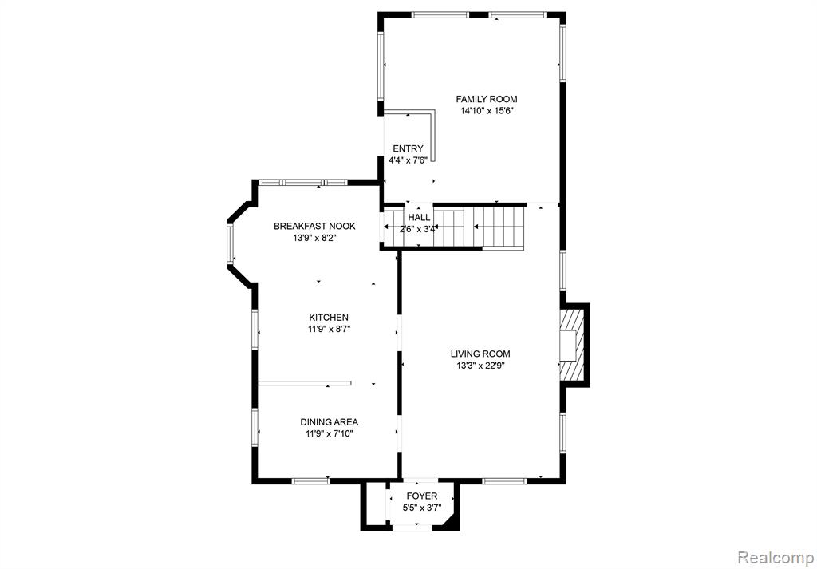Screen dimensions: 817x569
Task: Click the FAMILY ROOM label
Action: (487, 99)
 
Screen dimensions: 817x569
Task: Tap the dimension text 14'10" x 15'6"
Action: (487, 110)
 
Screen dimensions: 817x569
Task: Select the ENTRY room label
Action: (408, 149)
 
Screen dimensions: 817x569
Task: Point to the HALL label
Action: (419, 218)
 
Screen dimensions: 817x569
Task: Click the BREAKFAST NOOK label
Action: (314, 226)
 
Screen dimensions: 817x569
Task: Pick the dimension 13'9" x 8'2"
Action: (314, 238)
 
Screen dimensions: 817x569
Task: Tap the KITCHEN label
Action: (328, 318)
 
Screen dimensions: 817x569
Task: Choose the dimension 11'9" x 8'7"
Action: (328, 329)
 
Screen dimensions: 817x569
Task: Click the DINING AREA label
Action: (329, 422)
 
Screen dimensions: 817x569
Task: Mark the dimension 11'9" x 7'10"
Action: (329, 433)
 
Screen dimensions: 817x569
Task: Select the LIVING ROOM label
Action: (480, 354)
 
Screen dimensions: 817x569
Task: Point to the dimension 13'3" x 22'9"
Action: (480, 366)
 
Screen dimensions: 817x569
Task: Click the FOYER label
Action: (421, 496)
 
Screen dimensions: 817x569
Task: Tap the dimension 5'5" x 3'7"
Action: (421, 508)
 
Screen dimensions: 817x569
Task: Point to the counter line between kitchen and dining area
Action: (304, 383)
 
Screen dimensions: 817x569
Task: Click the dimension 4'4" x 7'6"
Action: (408, 160)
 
